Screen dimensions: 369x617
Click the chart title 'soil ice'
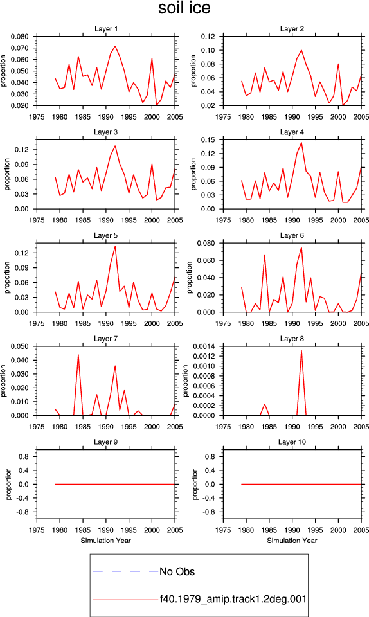(x=184, y=8)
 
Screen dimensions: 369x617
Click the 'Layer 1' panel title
(x=106, y=29)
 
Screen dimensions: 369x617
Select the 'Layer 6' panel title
(x=292, y=235)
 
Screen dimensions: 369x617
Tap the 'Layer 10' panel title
(x=292, y=442)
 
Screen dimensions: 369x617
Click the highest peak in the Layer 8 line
(x=301, y=350)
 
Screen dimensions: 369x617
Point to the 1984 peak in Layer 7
(x=78, y=355)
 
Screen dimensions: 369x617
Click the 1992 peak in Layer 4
(x=301, y=143)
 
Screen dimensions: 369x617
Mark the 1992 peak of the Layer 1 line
(x=115, y=46)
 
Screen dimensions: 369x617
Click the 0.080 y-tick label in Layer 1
(x=20, y=37)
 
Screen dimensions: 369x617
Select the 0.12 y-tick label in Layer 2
(x=208, y=37)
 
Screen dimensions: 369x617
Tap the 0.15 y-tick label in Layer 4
(x=208, y=139)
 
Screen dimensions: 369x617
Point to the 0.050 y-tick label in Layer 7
(x=20, y=346)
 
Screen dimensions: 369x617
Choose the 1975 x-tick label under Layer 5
(x=37, y=323)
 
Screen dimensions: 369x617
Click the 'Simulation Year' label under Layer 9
(x=106, y=541)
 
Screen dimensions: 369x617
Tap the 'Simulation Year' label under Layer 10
(x=292, y=541)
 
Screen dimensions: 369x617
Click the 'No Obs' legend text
(x=177, y=571)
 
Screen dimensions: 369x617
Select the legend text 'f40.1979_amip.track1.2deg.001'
(x=233, y=599)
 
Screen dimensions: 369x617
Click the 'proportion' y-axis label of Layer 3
(x=7, y=174)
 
